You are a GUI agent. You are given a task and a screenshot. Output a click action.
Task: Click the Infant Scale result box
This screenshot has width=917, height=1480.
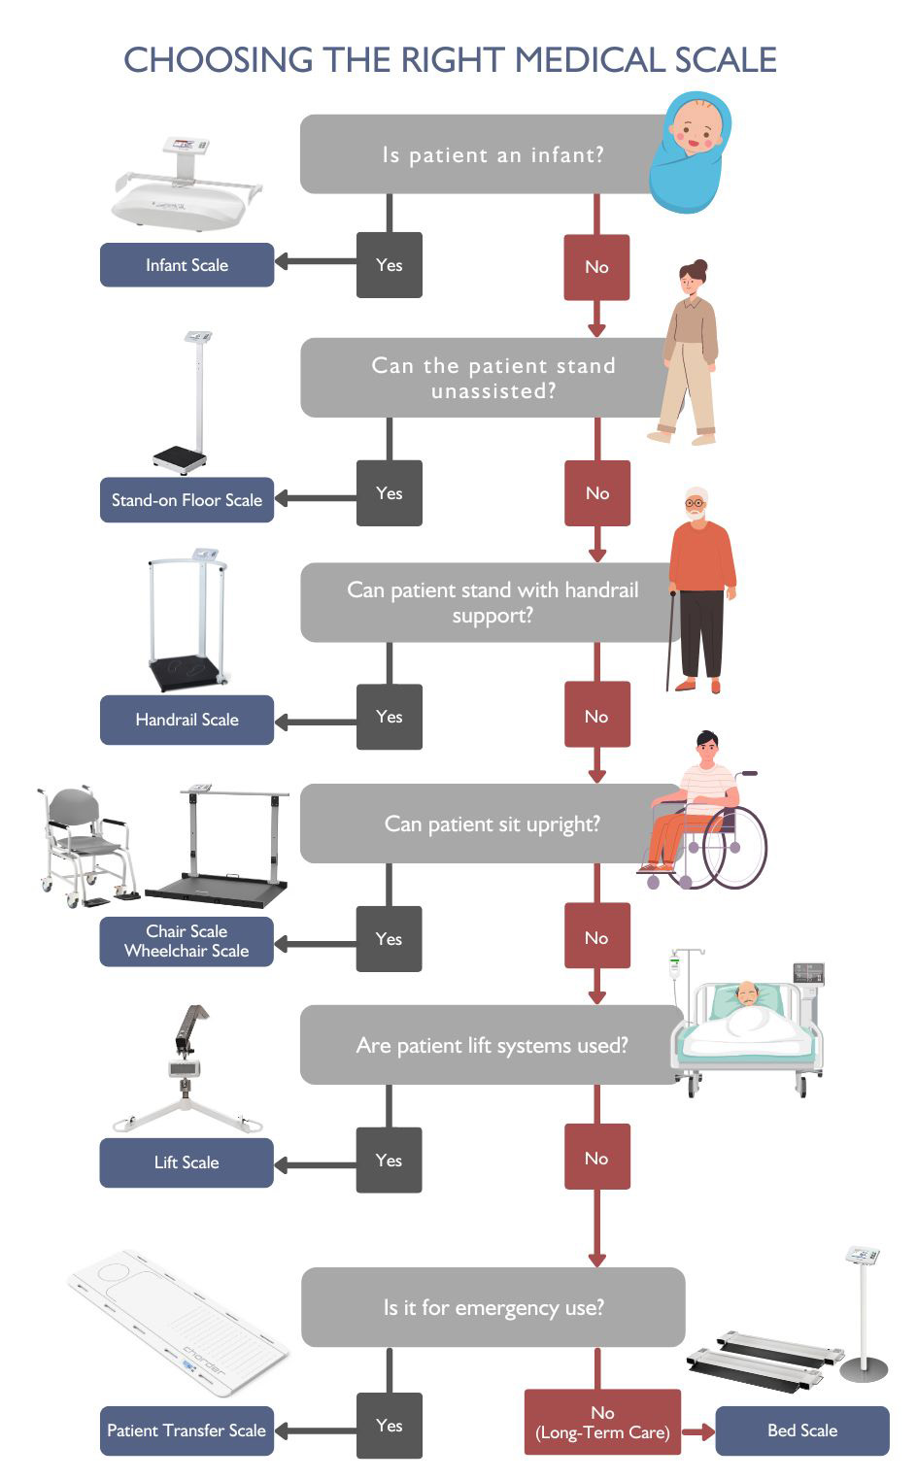click(x=187, y=265)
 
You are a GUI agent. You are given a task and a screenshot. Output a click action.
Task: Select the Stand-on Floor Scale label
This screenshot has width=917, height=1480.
click(x=187, y=500)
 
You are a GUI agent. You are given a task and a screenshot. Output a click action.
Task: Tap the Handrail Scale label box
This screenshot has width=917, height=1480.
click(x=187, y=720)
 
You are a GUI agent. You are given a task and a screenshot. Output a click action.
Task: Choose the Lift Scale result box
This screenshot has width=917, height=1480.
click(x=187, y=1162)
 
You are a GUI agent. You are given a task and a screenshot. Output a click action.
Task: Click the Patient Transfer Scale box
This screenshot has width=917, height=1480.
click(x=187, y=1430)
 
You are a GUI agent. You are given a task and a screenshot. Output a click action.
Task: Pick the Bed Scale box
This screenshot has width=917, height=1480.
click(x=802, y=1430)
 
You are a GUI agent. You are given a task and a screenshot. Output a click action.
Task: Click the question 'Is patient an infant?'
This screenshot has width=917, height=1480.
click(x=492, y=154)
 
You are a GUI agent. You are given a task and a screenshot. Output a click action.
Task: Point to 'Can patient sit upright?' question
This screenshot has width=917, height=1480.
click(x=492, y=824)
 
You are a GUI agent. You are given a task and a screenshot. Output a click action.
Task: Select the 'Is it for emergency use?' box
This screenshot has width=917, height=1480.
click(x=492, y=1307)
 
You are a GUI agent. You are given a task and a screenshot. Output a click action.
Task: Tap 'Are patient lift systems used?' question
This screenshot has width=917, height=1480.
click(x=492, y=1046)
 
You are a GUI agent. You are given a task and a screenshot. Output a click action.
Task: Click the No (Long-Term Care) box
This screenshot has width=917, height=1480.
click(x=602, y=1423)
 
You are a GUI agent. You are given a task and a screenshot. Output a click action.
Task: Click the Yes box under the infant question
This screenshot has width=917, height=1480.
click(x=390, y=265)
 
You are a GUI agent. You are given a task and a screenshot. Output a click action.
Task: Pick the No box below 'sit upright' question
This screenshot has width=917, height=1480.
click(x=596, y=938)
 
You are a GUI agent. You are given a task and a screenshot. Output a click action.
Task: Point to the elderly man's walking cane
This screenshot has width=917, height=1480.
click(x=669, y=641)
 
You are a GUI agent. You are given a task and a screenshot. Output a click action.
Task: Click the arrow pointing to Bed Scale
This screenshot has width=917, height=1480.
click(x=698, y=1431)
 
